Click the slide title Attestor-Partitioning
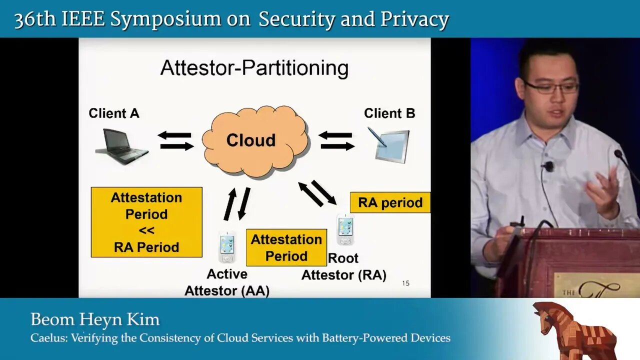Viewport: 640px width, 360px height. pyautogui.click(x=254, y=68)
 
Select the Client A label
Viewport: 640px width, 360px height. pyautogui.click(x=114, y=113)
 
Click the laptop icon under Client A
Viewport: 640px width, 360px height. pyautogui.click(x=121, y=146)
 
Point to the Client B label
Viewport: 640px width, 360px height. pyautogui.click(x=389, y=113)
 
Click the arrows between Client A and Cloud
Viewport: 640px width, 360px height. pyautogui.click(x=175, y=141)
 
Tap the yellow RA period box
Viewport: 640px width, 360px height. pyautogui.click(x=390, y=202)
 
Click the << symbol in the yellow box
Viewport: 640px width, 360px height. pyautogui.click(x=146, y=230)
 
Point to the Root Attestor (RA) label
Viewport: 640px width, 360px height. pyautogui.click(x=343, y=266)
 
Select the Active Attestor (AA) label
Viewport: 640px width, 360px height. pyautogui.click(x=227, y=282)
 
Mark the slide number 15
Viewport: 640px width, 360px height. pyautogui.click(x=405, y=283)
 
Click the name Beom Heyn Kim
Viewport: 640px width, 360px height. pyautogui.click(x=95, y=319)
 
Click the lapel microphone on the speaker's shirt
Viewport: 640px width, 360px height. pyautogui.click(x=549, y=166)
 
